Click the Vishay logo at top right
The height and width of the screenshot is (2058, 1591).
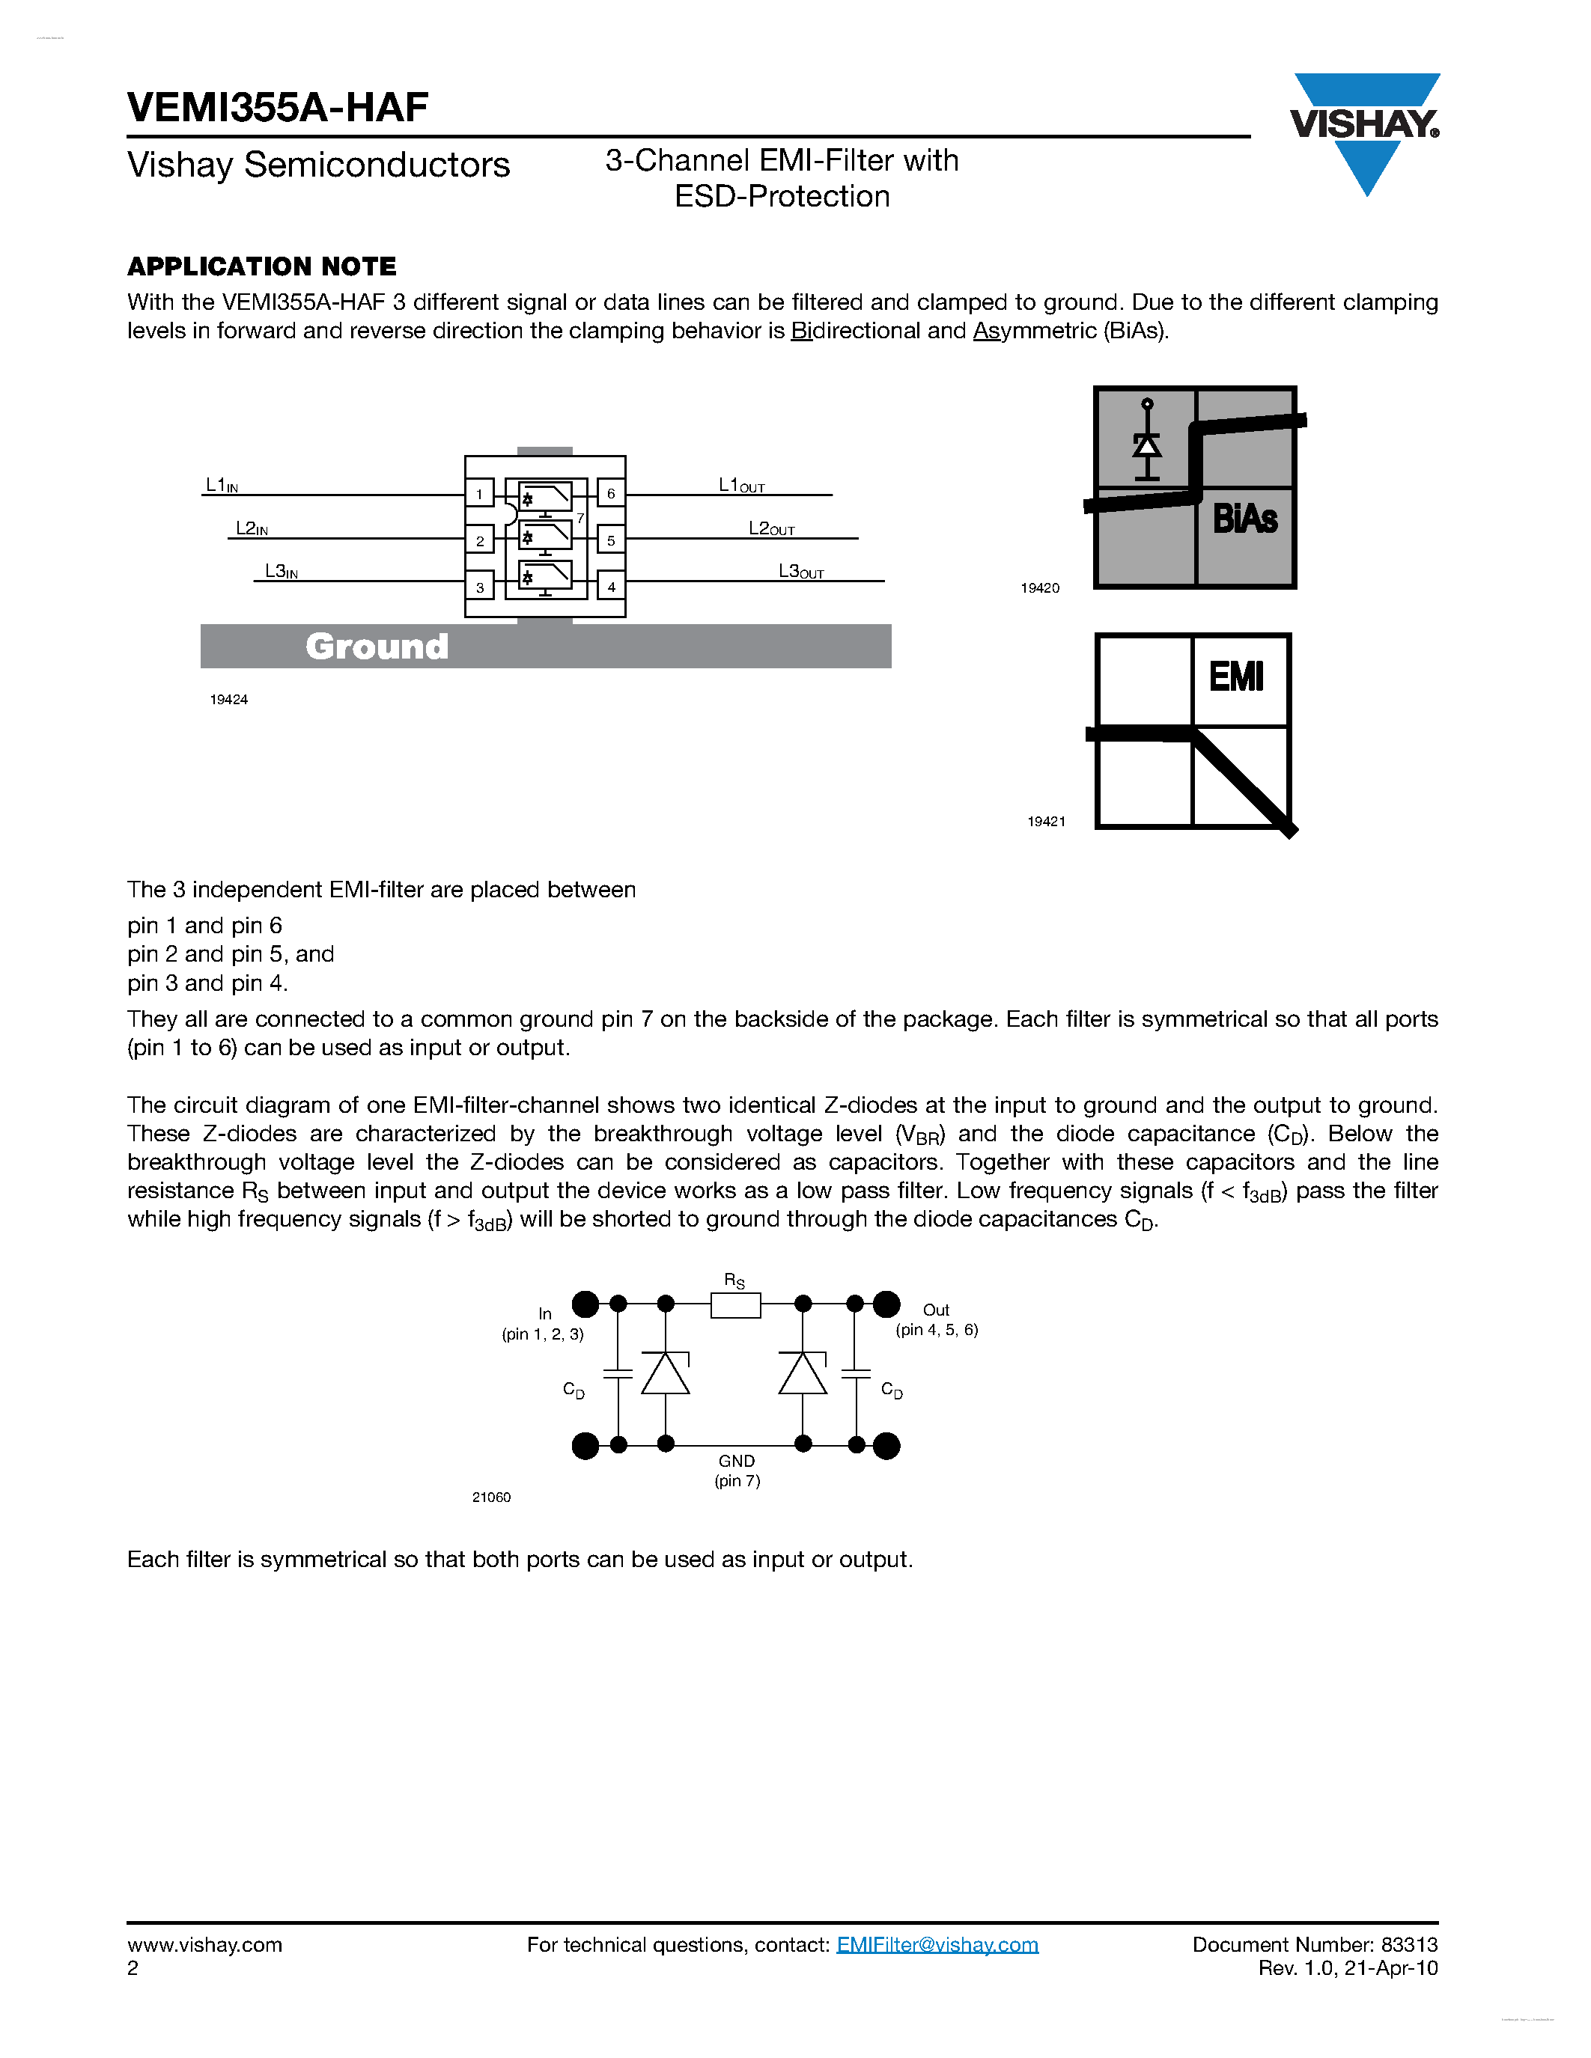tap(1365, 127)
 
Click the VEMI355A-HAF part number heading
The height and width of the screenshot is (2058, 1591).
tap(278, 108)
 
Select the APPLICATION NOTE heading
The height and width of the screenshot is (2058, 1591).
tap(262, 266)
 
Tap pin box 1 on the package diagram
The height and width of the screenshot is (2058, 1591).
tap(480, 494)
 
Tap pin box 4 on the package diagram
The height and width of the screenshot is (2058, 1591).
tap(611, 587)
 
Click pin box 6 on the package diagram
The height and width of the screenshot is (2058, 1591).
tap(611, 494)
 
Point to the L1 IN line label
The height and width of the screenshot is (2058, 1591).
tap(222, 485)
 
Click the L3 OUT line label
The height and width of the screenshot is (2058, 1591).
tap(800, 572)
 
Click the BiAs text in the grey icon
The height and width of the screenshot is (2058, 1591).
tap(1244, 519)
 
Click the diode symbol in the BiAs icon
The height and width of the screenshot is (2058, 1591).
tap(1146, 443)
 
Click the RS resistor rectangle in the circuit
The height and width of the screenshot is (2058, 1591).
tap(735, 1305)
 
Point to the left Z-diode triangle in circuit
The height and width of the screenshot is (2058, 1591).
tap(666, 1374)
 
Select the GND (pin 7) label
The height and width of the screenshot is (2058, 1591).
tap(737, 1470)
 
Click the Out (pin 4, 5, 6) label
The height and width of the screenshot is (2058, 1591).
tap(936, 1319)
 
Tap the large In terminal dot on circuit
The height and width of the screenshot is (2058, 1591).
tap(585, 1304)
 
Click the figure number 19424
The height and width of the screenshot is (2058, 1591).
tap(229, 699)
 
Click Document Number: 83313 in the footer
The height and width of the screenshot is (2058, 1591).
tap(1314, 1945)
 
